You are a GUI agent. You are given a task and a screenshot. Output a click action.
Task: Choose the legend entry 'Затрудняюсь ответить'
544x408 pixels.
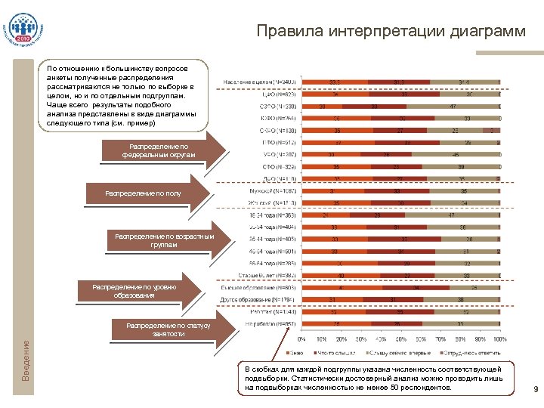click(472, 350)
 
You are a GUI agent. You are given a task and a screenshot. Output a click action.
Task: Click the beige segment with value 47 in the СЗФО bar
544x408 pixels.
click(452, 107)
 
